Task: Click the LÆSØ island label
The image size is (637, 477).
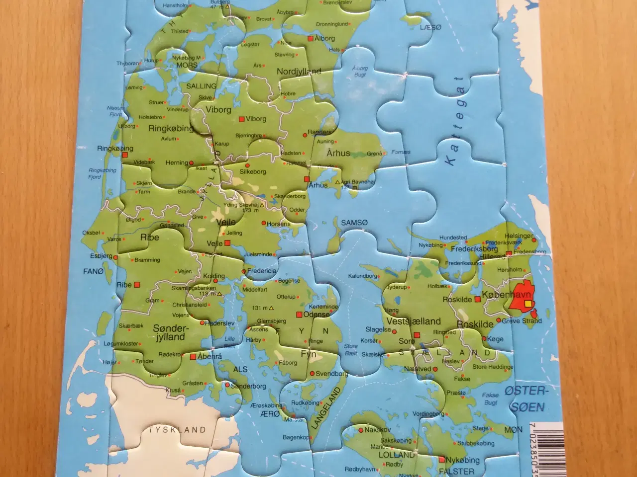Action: tap(430, 27)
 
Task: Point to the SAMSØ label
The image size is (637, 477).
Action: tap(354, 223)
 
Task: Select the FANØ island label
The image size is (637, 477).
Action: tap(94, 271)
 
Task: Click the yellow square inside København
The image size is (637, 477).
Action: tap(528, 303)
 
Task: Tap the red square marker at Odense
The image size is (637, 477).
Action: tap(299, 315)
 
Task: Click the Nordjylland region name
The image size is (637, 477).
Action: tap(299, 72)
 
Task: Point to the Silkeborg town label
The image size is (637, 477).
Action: tap(253, 171)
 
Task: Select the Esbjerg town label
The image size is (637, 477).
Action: tap(101, 256)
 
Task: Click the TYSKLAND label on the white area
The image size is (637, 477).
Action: tap(178, 430)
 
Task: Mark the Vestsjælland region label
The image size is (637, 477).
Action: tap(414, 321)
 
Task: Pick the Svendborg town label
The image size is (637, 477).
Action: tap(332, 373)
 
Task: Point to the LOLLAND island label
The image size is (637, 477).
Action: tap(397, 455)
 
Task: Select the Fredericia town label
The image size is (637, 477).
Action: tap(262, 271)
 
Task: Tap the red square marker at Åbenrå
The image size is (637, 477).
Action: tap(193, 356)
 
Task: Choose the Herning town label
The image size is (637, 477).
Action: tap(177, 162)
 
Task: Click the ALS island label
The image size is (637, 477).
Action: tap(240, 369)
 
